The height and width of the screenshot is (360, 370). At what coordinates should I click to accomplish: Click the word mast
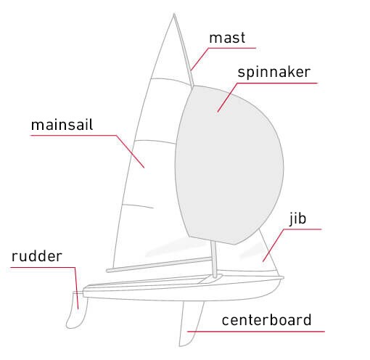click(227, 38)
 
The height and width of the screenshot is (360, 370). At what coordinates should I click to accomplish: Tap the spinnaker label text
click(274, 73)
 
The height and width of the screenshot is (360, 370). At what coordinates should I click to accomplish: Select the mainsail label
click(62, 125)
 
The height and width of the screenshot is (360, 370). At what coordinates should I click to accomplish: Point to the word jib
click(298, 219)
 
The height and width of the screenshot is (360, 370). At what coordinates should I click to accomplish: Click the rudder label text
click(37, 256)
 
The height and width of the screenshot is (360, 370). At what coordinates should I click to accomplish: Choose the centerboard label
click(266, 320)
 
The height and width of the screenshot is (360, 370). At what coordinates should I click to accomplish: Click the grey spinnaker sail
click(230, 165)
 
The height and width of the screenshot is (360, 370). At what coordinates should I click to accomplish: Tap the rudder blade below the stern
click(77, 311)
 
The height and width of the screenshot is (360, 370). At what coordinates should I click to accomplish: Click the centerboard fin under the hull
click(191, 324)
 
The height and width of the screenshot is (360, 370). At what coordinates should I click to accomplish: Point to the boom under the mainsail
click(159, 264)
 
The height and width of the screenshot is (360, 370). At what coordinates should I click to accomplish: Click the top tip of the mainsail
click(174, 14)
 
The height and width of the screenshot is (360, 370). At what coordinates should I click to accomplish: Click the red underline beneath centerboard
click(256, 332)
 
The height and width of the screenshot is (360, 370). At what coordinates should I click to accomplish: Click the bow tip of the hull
click(283, 278)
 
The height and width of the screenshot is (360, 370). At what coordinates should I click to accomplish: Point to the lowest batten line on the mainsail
click(137, 206)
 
